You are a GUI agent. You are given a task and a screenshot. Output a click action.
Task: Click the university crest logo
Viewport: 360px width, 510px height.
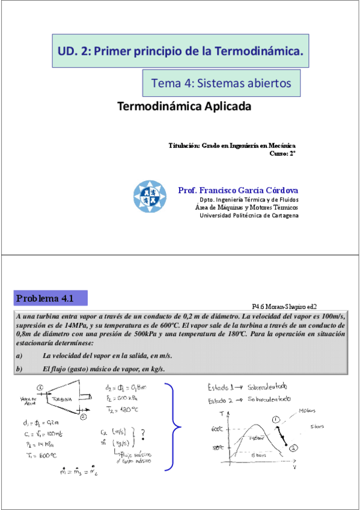tap(150, 197)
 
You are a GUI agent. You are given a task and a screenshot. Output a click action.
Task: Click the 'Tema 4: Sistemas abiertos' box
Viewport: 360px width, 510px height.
tap(221, 82)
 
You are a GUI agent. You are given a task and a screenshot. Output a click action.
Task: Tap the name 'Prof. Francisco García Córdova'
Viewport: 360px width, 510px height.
tap(238, 191)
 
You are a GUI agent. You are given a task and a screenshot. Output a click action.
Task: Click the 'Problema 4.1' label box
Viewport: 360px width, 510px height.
tap(51, 298)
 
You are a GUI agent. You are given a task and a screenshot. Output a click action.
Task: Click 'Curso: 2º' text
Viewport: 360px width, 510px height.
tap(284, 153)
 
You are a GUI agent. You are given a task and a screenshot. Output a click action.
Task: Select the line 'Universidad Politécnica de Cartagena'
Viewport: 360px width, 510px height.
tap(249, 216)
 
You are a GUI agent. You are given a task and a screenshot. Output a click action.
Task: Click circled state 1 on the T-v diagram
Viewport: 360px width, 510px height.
tap(276, 419)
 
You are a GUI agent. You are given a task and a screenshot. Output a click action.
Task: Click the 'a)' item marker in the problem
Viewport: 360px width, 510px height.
tap(19, 356)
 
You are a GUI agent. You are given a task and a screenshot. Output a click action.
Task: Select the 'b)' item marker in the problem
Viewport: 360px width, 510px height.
tap(19, 369)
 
